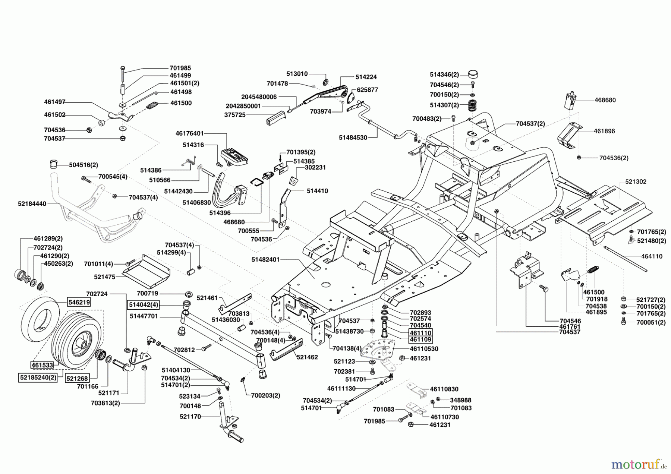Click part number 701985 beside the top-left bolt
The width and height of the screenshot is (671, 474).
[180, 68]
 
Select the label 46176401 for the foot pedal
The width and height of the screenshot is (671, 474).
[190, 133]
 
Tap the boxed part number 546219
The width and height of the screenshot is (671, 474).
[79, 302]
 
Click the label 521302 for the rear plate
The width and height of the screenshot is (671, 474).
[636, 181]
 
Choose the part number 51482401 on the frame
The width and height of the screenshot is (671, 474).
[265, 259]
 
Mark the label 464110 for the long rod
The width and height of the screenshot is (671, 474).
[652, 256]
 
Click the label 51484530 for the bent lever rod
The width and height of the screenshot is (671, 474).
[353, 138]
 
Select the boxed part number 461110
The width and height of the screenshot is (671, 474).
[420, 332]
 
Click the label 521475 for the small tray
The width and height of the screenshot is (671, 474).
[105, 277]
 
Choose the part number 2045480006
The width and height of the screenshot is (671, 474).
[259, 97]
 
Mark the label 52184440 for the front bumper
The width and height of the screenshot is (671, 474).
[32, 204]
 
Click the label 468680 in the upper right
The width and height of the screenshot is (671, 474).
[605, 100]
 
